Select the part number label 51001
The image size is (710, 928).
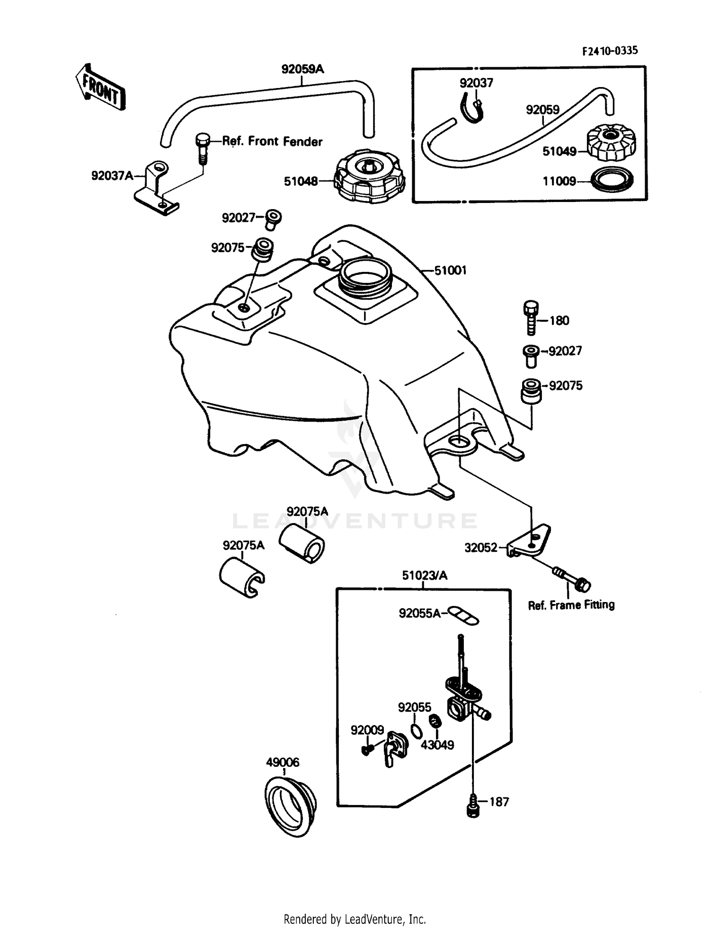[450, 271]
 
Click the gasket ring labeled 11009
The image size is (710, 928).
[612, 181]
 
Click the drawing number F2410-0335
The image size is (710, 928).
[610, 51]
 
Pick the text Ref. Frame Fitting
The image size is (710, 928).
[571, 605]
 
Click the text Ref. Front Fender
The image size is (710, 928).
[272, 141]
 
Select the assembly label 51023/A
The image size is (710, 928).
[424, 576]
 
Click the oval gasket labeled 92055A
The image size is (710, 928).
[464, 615]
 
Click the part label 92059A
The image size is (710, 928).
[302, 70]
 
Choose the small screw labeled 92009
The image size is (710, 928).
[367, 750]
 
